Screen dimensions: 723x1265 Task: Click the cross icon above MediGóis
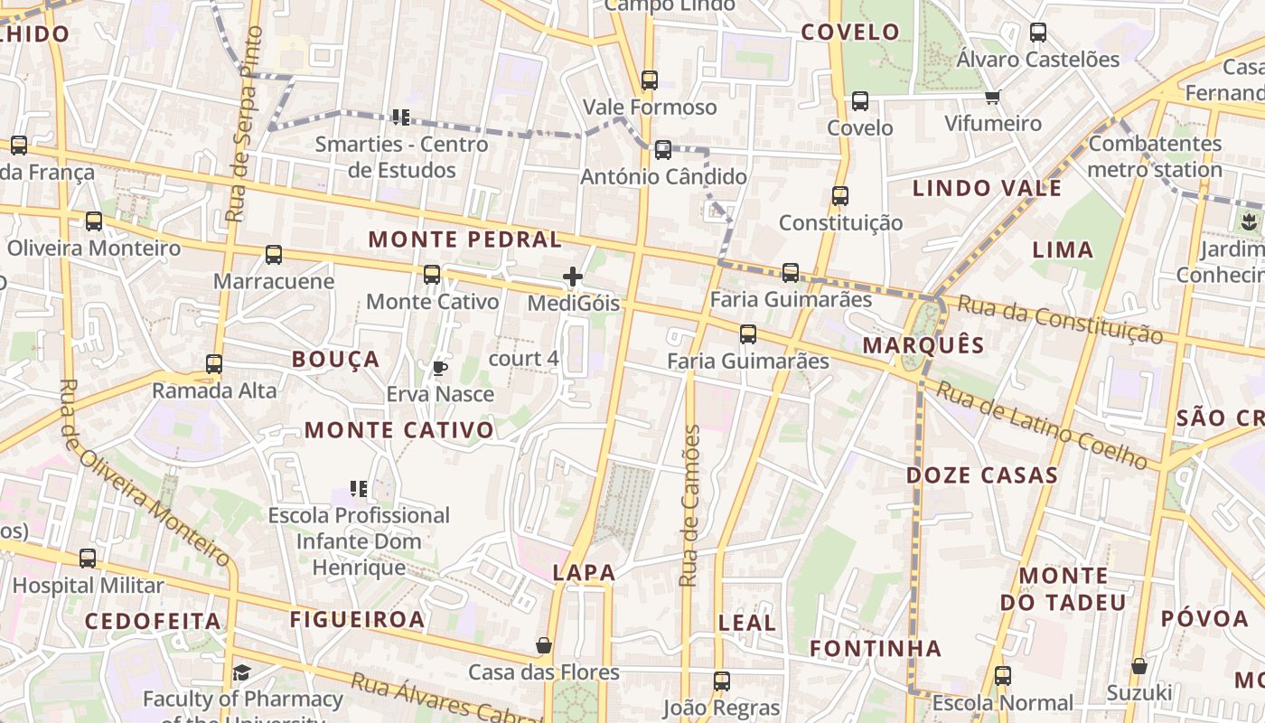tap(573, 277)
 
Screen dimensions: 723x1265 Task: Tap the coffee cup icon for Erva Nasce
tap(440, 368)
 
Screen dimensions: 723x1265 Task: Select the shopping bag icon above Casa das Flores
tap(544, 645)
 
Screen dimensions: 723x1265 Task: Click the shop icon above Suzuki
tap(1139, 666)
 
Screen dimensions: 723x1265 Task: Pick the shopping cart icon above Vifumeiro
tap(993, 97)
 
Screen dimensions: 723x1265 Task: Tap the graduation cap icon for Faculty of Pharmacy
tap(241, 672)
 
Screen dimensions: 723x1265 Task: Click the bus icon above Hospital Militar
tap(88, 559)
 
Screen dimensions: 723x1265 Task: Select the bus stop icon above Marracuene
tap(274, 255)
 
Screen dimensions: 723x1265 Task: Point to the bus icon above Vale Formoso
tap(650, 80)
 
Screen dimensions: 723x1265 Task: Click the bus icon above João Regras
tap(721, 681)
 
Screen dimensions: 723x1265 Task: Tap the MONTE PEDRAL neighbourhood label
tap(465, 239)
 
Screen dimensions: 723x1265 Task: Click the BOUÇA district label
tap(335, 360)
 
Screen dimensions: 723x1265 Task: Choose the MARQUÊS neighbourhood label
tap(923, 344)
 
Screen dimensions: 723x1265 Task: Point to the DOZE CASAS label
tap(982, 475)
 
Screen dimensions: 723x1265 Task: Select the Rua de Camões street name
tap(690, 506)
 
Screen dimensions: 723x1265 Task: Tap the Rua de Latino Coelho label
tap(1046, 424)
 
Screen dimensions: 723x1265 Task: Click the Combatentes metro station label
tap(1155, 156)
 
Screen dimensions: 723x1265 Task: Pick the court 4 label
tap(523, 359)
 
